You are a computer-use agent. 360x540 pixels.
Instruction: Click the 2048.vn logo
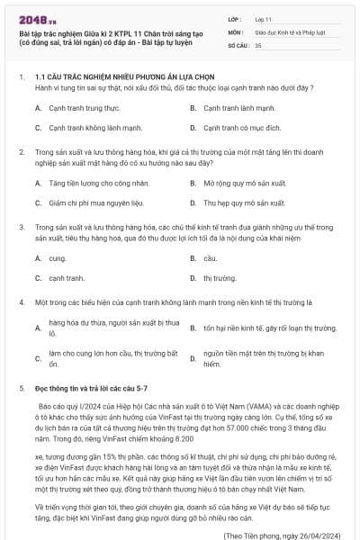(x=33, y=17)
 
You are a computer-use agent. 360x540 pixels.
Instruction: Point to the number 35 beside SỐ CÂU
(x=258, y=43)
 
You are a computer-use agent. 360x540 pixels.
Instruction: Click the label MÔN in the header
(x=234, y=31)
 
